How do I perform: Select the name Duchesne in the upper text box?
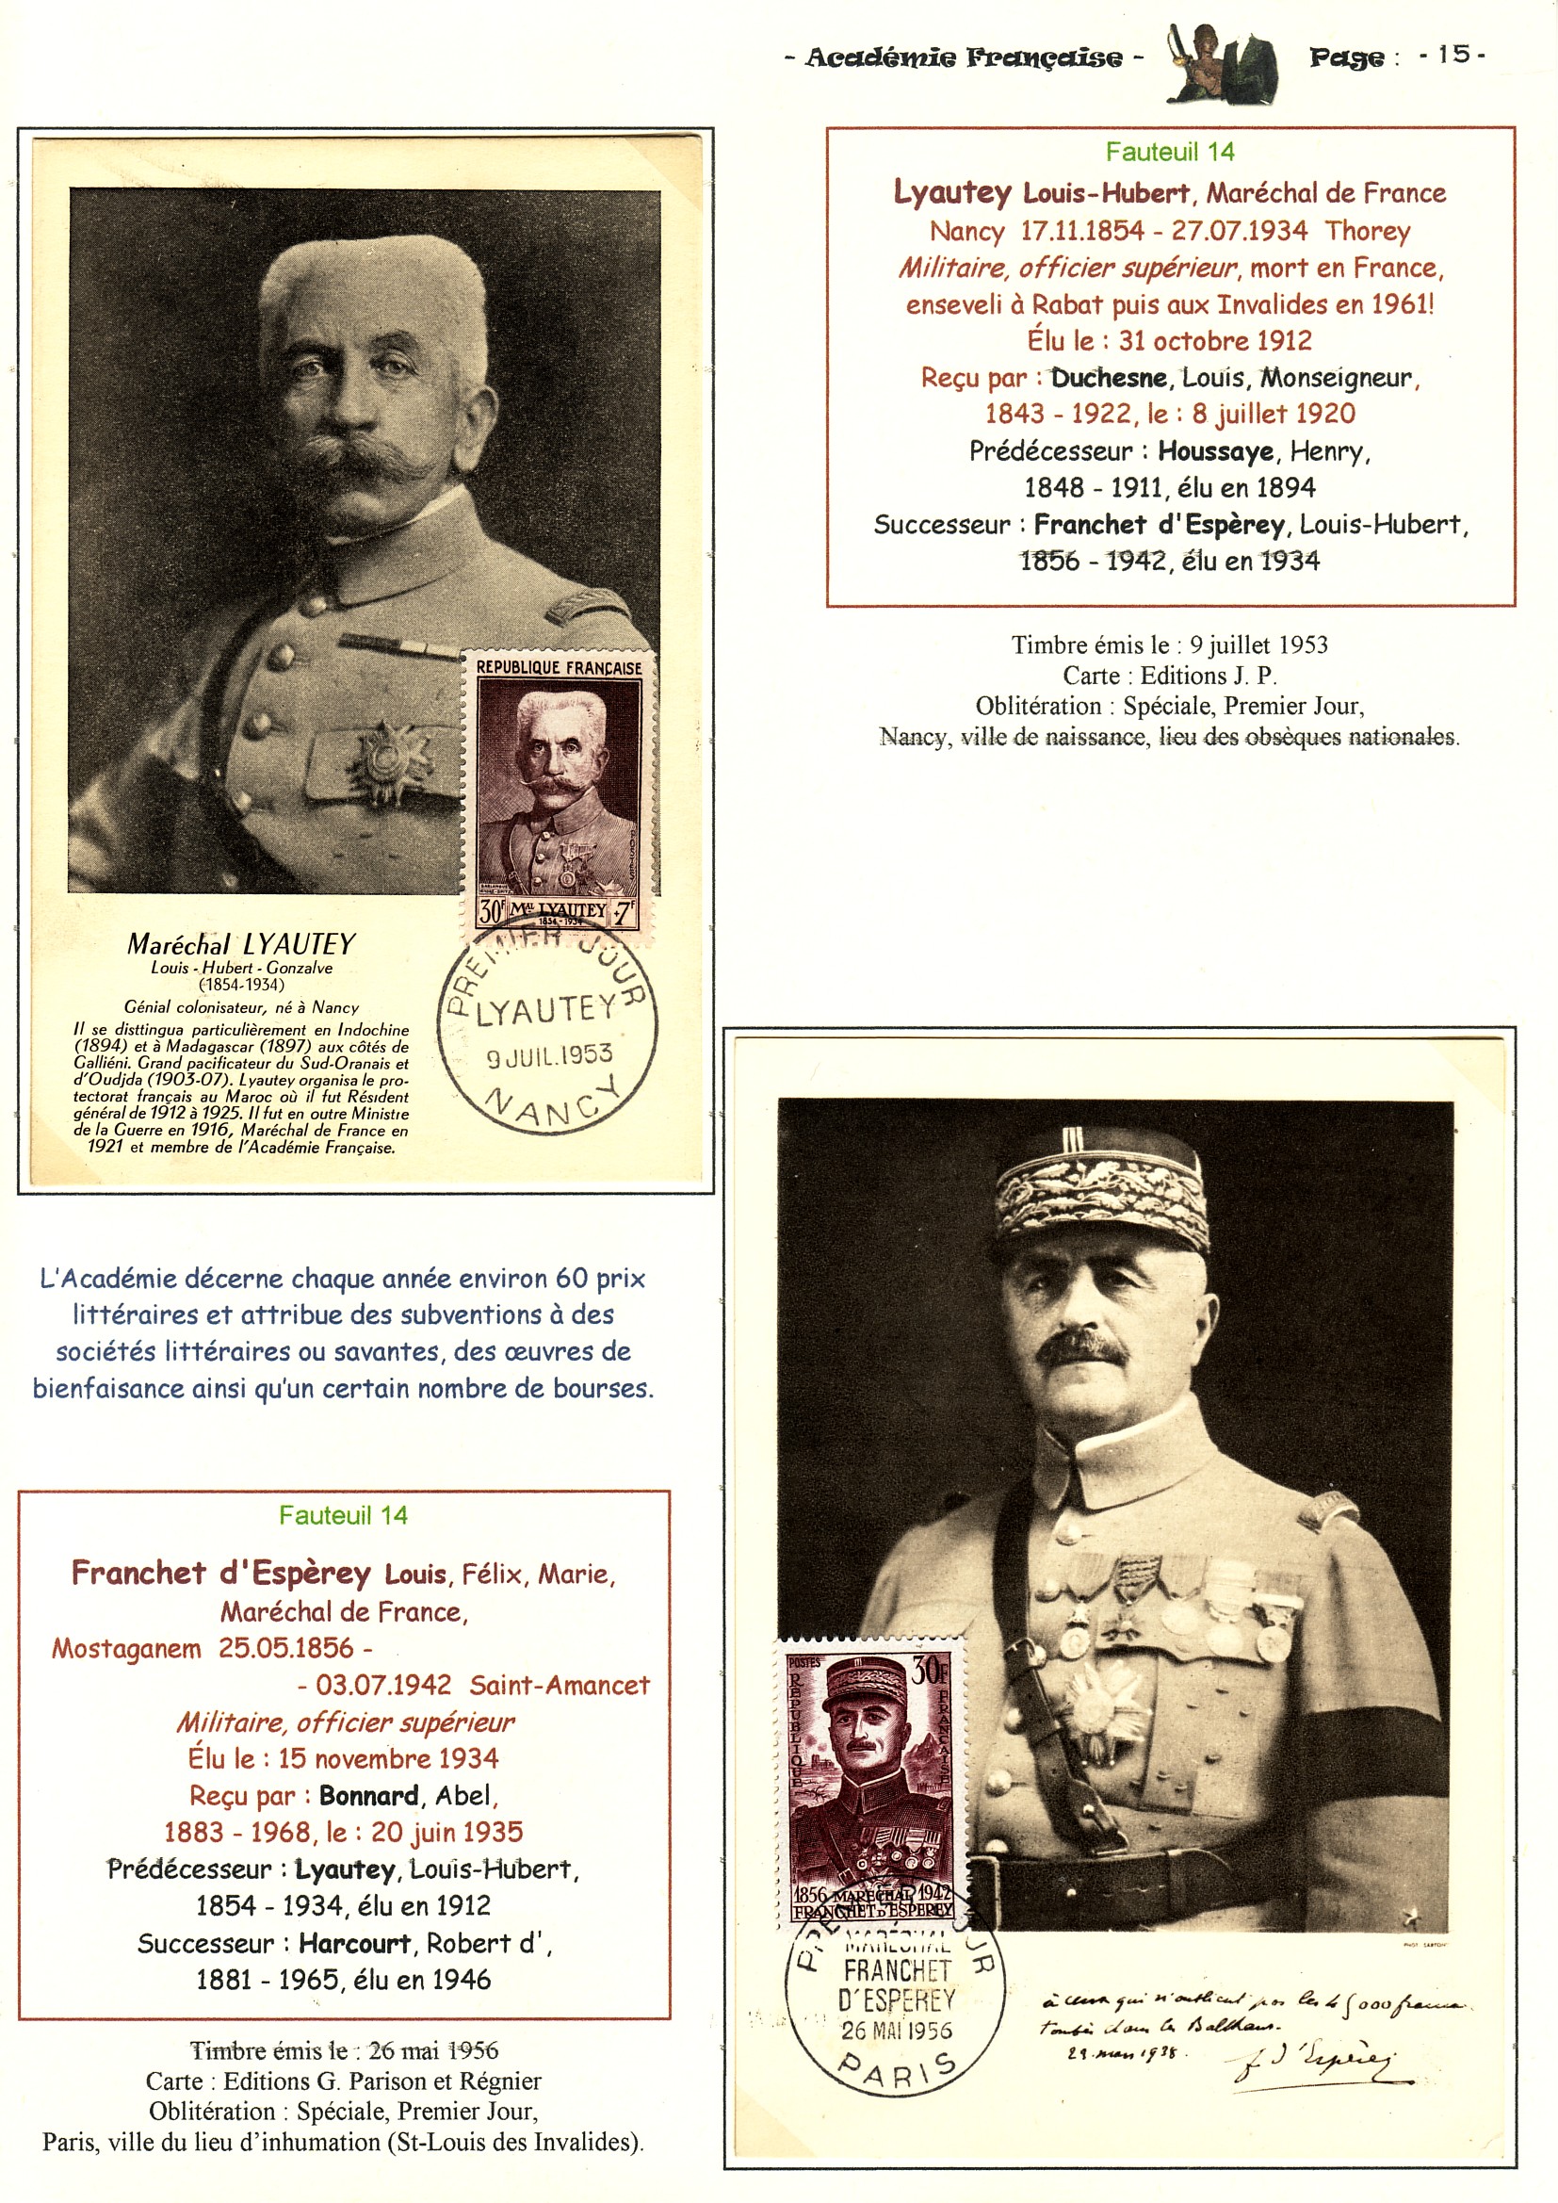[x=1109, y=378]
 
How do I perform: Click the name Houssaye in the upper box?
[x=1215, y=451]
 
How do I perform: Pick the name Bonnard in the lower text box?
[x=368, y=1796]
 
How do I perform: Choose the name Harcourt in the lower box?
[x=355, y=1944]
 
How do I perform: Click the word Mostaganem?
[x=126, y=1649]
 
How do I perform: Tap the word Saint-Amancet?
[x=560, y=1686]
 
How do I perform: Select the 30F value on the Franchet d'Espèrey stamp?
[x=929, y=1673]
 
